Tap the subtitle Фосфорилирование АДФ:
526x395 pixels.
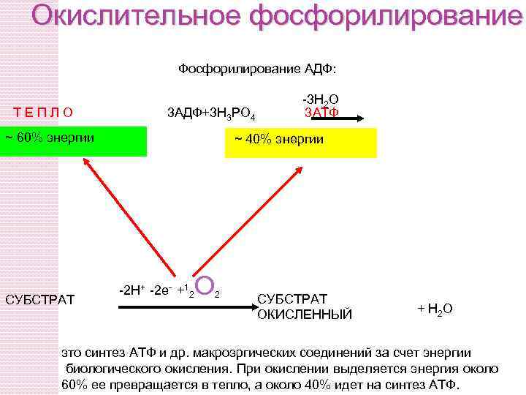point(257,69)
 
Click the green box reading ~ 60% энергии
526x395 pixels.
point(73,141)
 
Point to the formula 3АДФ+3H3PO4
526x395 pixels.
point(211,113)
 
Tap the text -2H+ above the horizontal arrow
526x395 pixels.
point(131,290)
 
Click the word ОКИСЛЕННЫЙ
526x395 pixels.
point(305,315)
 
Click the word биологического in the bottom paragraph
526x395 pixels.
point(110,368)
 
